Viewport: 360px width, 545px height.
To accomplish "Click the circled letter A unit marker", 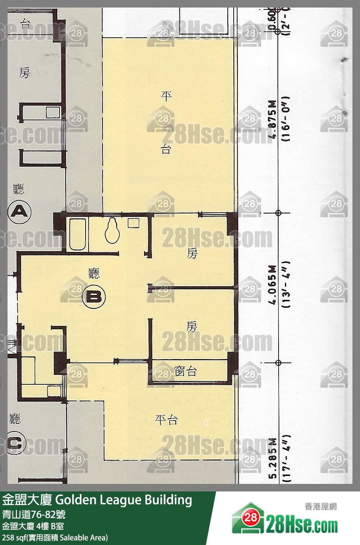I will [19, 212].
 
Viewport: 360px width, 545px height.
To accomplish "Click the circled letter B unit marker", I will [93, 297].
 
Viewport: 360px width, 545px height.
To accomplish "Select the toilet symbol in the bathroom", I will [112, 231].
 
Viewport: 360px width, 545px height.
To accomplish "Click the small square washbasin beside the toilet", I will [133, 223].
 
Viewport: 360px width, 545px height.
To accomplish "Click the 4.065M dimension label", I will [273, 284].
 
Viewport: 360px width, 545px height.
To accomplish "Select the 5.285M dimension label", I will [273, 458].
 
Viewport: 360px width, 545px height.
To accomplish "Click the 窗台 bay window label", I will [185, 372].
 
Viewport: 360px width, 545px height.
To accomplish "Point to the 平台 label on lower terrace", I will [166, 420].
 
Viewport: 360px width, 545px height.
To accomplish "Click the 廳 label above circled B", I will [94, 273].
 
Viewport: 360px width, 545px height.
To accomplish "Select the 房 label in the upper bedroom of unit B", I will [192, 253].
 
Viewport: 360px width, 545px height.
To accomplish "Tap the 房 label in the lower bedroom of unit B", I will [191, 327].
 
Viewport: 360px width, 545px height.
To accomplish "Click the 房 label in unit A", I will [25, 73].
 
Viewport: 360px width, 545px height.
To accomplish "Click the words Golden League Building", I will [124, 500].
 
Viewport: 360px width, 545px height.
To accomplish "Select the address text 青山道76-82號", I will [34, 514].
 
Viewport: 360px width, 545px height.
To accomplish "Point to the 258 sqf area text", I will [55, 537].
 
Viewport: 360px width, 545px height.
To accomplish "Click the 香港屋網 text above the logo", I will [320, 507].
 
